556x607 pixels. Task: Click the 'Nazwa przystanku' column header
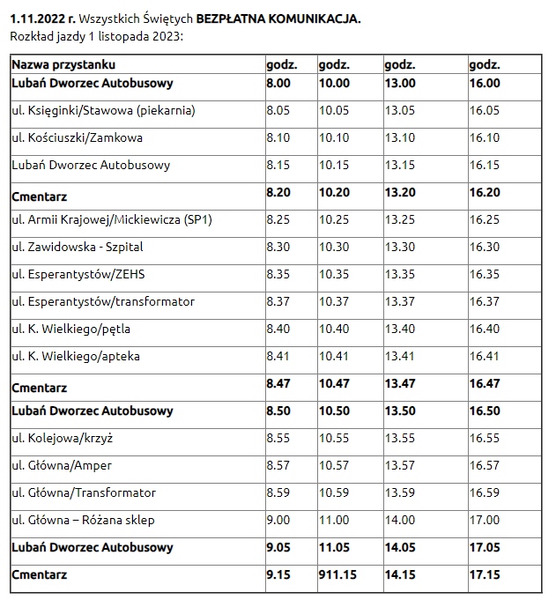(63, 64)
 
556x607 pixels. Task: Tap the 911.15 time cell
(337, 574)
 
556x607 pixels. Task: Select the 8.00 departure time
(278, 83)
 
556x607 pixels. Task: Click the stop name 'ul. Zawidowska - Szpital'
(78, 247)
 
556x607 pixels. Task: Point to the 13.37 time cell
(399, 301)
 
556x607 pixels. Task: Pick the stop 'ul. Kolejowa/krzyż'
(63, 438)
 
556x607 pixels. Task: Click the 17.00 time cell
(485, 520)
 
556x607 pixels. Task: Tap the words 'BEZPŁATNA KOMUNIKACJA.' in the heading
(278, 19)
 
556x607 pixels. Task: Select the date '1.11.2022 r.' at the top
(42, 19)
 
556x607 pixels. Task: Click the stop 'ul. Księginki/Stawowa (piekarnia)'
(103, 111)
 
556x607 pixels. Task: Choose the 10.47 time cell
(334, 383)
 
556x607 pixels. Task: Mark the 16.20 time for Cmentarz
(485, 192)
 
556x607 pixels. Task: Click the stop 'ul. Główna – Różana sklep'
(83, 520)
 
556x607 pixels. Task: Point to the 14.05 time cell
(400, 547)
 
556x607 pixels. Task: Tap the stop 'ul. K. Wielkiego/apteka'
(76, 356)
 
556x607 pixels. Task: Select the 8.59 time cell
(278, 492)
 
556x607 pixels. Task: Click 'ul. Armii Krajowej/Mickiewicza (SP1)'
(112, 220)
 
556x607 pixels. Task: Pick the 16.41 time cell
(484, 356)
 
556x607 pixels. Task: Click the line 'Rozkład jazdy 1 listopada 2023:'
(96, 36)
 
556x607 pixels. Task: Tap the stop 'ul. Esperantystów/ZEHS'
(78, 275)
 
